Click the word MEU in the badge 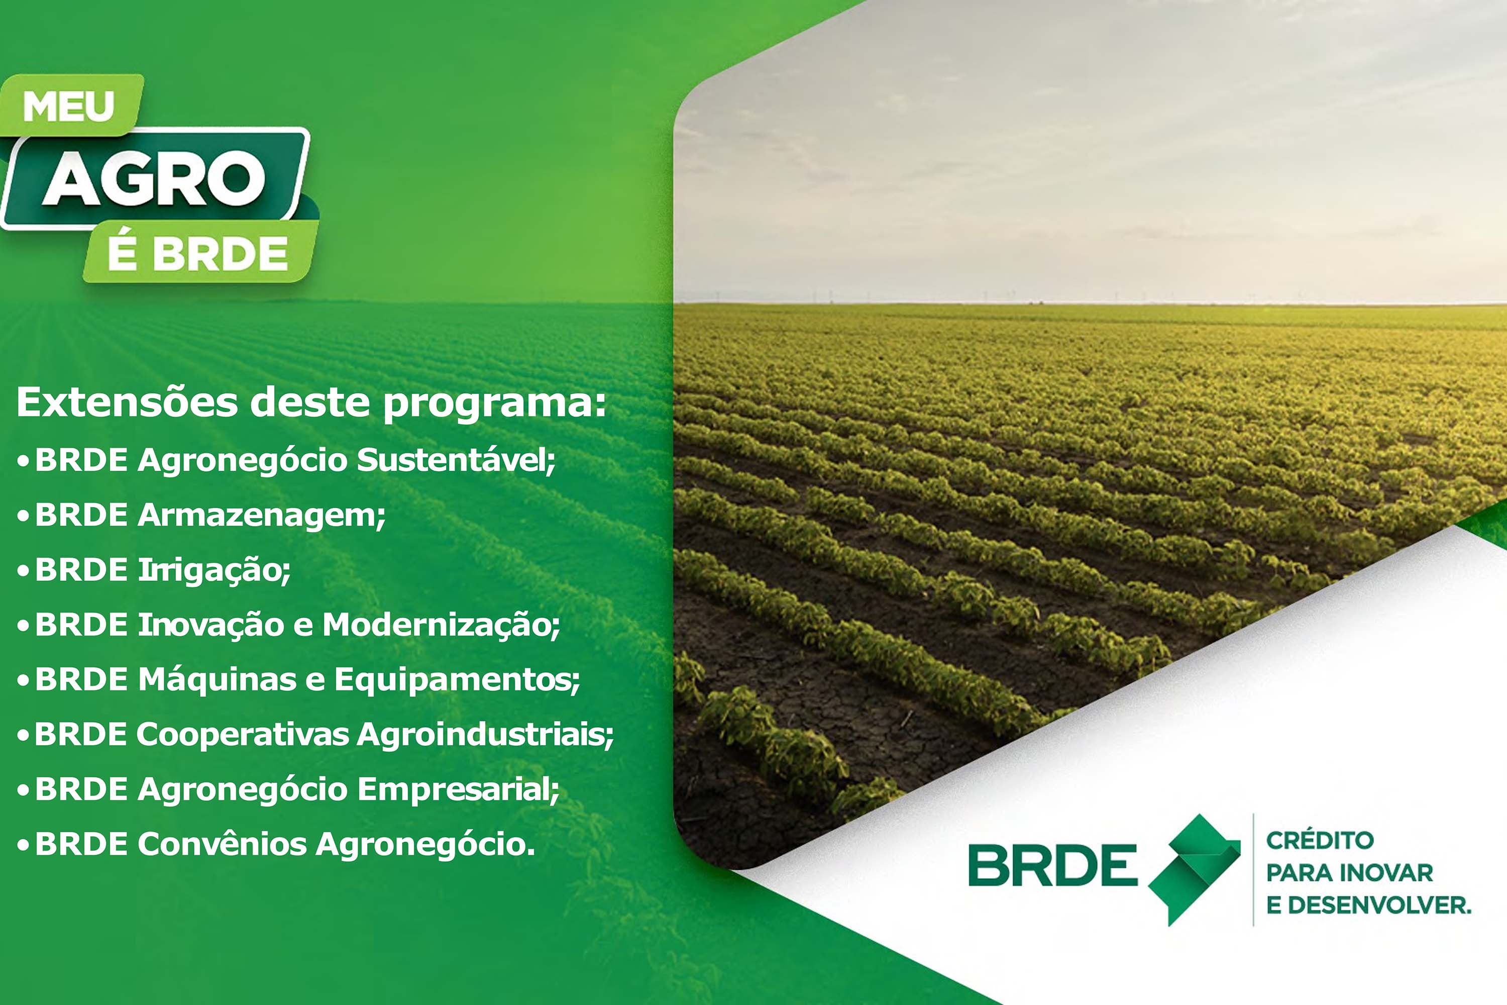(68, 107)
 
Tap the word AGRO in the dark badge (154, 179)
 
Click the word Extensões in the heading (128, 403)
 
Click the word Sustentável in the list (456, 460)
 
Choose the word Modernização (441, 626)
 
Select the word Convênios (222, 844)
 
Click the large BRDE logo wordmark (1053, 865)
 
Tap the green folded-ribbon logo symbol (1194, 869)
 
